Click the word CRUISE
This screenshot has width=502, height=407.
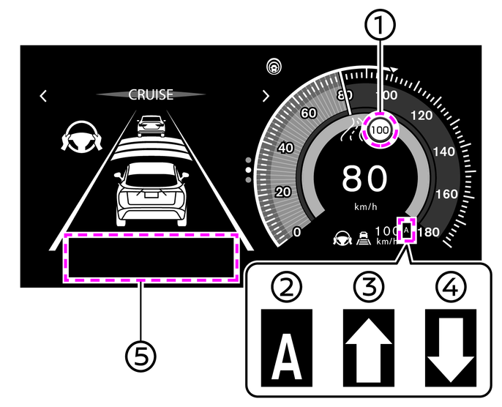pos(151,94)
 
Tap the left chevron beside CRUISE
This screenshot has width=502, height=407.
pos(44,95)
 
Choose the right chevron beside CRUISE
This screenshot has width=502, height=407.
pos(265,95)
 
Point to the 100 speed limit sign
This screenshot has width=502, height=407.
pos(380,130)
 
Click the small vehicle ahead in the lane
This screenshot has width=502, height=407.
pos(151,124)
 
